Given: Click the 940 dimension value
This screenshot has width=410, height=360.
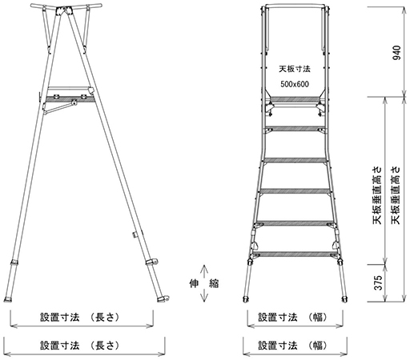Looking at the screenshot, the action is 397,53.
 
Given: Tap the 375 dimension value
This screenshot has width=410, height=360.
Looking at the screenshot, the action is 378,282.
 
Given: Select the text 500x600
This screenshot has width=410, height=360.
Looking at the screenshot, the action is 295,84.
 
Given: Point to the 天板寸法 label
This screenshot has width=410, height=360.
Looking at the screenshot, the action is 295,69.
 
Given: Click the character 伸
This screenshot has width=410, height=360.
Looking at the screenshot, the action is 194,283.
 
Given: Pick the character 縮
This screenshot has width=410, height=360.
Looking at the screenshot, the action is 214,283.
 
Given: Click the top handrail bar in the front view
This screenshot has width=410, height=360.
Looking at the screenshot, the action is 295,6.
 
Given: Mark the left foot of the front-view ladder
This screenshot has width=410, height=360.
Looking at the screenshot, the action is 246,299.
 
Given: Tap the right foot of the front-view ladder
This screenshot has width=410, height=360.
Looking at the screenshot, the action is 344,299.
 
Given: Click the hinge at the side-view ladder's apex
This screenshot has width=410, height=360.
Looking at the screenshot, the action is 64,11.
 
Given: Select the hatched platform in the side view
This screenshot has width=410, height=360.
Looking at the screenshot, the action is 70,99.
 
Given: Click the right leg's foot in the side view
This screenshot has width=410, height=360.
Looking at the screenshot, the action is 163,298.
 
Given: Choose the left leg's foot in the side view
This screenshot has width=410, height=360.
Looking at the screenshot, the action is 8,299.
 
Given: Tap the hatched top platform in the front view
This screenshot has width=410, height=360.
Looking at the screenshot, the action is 295,100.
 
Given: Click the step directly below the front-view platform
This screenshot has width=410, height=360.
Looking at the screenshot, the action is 295,129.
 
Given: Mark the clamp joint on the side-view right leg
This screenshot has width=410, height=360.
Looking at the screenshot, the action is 151,262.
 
